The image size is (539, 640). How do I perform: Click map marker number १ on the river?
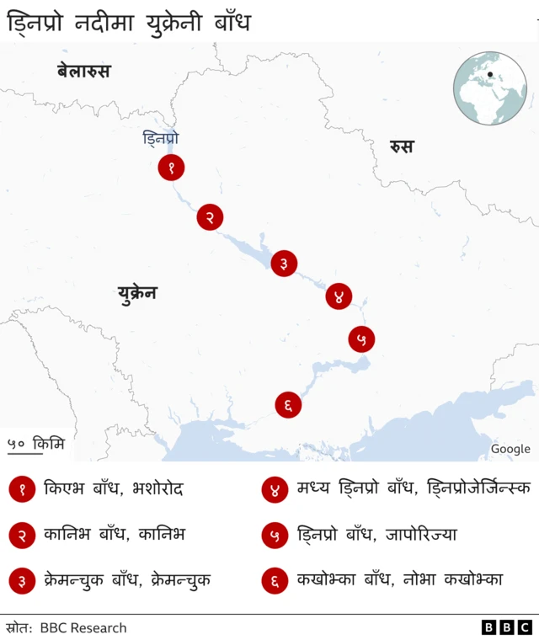pyautogui.click(x=171, y=168)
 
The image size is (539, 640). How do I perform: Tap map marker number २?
pyautogui.click(x=210, y=217)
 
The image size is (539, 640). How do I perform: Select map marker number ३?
pyautogui.click(x=284, y=263)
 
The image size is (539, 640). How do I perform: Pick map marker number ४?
pyautogui.click(x=339, y=296)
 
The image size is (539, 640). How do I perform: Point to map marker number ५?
pyautogui.click(x=361, y=339)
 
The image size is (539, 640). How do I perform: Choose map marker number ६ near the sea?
pyautogui.click(x=288, y=405)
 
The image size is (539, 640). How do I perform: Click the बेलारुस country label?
pyautogui.click(x=83, y=71)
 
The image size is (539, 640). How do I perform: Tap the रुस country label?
pyautogui.click(x=402, y=147)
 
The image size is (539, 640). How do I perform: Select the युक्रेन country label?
pyautogui.click(x=137, y=293)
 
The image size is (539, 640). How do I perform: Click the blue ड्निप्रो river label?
pyautogui.click(x=160, y=138)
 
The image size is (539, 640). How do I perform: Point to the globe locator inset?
pyautogui.click(x=489, y=88)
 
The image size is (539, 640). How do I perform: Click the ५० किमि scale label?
pyautogui.click(x=35, y=443)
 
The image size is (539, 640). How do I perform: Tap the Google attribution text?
pyautogui.click(x=510, y=449)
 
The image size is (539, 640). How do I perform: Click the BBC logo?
pyautogui.click(x=506, y=627)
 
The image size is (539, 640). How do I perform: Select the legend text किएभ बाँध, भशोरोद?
pyautogui.click(x=114, y=488)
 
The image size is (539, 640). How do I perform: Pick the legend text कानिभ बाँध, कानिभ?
pyautogui.click(x=115, y=534)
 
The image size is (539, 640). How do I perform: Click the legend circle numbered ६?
pyautogui.click(x=275, y=580)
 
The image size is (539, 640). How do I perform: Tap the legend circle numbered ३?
pyautogui.click(x=22, y=580)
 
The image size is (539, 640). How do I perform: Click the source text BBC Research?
pyautogui.click(x=83, y=627)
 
